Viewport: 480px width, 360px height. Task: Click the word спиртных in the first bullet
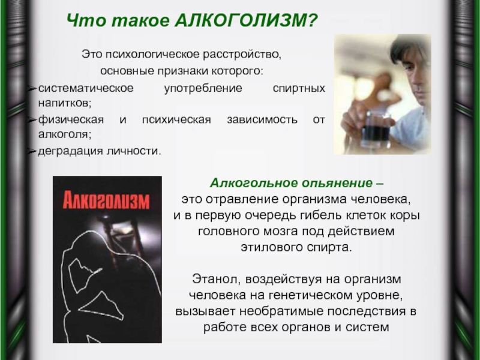click(299, 88)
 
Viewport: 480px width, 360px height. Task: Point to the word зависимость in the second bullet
click(262, 119)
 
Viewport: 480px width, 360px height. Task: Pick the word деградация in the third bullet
click(65, 150)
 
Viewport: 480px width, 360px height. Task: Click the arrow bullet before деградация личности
click(32, 150)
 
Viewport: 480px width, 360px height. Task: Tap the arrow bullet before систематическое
click(32, 88)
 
